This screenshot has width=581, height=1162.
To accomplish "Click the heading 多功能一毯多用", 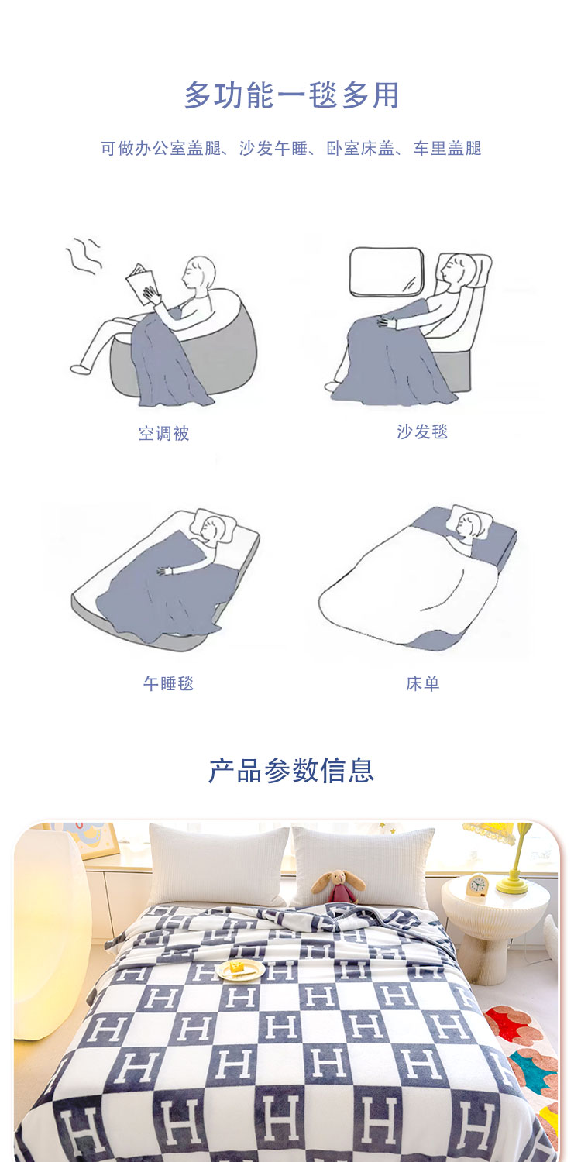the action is click(291, 95).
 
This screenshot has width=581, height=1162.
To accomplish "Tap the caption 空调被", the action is click(164, 433).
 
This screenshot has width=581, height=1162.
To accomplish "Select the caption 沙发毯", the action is click(422, 431).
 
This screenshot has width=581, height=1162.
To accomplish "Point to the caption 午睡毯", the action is click(169, 683).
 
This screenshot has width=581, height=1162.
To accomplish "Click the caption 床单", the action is click(423, 683).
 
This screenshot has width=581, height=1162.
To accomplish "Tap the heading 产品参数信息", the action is click(291, 770).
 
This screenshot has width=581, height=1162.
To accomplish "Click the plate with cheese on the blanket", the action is click(239, 969).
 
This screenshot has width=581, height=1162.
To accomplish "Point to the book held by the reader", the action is click(142, 284).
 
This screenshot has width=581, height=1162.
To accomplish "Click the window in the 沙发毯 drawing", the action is click(387, 272).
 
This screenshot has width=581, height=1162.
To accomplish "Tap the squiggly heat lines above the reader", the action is click(83, 256).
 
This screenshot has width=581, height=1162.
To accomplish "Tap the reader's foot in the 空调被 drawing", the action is click(81, 369).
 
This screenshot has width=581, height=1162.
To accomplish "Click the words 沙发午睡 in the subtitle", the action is click(273, 149).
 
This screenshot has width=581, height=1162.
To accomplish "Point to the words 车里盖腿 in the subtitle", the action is click(447, 149).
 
